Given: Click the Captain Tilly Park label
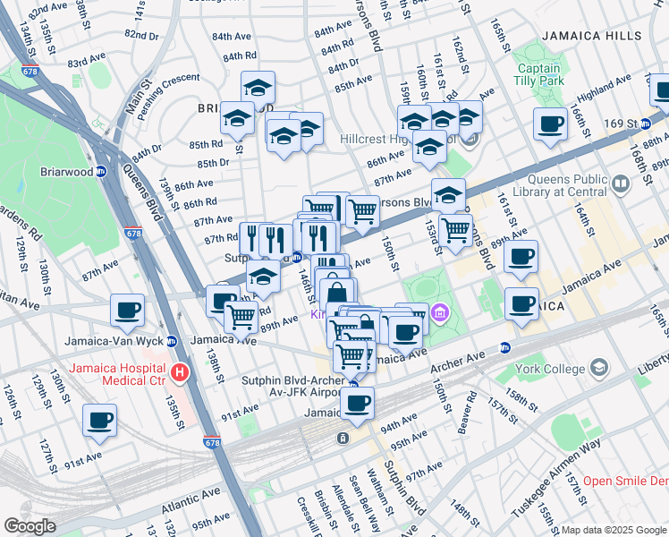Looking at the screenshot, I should (x=538, y=74).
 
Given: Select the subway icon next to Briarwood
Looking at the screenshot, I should (x=101, y=171).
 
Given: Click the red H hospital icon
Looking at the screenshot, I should (x=180, y=371).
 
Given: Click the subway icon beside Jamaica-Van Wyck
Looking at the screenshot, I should (x=172, y=341).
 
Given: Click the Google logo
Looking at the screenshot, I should (x=30, y=525).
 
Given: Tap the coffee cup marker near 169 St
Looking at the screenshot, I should (x=550, y=124).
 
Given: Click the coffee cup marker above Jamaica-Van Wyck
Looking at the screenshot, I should (x=127, y=311).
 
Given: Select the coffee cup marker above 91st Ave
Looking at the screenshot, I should (x=98, y=420).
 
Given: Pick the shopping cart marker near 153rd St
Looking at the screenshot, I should (x=456, y=229).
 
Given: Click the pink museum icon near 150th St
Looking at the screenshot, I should (x=439, y=314).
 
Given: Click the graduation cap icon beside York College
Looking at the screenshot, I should (x=597, y=368).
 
